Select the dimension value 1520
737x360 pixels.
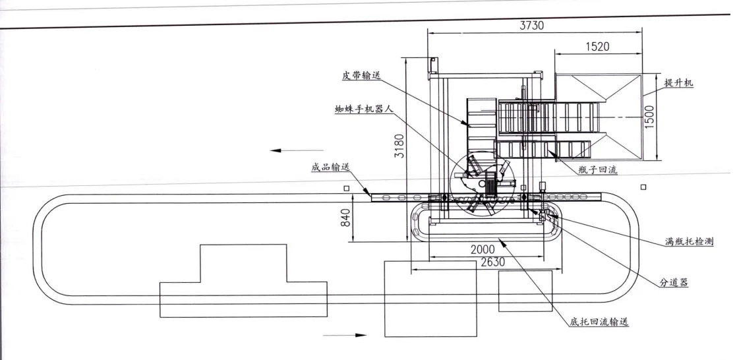point(596,47)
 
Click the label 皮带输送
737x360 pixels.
point(361,75)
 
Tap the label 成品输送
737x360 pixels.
point(331,167)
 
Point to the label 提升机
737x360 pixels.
point(678,83)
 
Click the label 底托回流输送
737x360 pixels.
point(599,322)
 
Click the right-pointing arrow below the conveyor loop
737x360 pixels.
point(352,335)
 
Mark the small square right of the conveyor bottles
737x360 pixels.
point(643,187)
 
